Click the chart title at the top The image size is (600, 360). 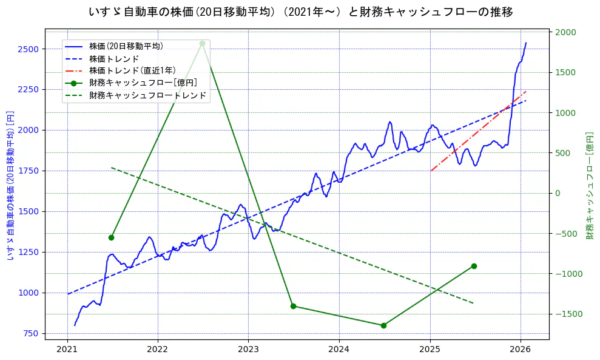pyautogui.click(x=300, y=12)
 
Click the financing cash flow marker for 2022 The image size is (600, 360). pyautogui.click(x=202, y=43)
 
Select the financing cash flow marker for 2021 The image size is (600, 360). pyautogui.click(x=111, y=237)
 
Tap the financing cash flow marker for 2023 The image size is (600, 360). pyautogui.click(x=293, y=306)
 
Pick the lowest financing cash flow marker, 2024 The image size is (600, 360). pyautogui.click(x=383, y=325)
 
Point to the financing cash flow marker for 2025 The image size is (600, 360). pyautogui.click(x=474, y=266)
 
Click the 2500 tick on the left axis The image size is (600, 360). pyautogui.click(x=30, y=49)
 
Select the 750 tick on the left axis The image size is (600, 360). pyautogui.click(x=33, y=333)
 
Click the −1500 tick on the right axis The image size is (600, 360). pyautogui.click(x=567, y=314)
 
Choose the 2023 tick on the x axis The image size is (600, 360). pyautogui.click(x=248, y=350)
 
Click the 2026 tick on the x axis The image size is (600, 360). pyautogui.click(x=521, y=350)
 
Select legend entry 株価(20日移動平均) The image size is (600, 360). pyautogui.click(x=126, y=46)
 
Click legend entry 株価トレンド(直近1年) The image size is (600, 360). pyautogui.click(x=132, y=70)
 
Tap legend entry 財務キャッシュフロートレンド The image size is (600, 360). pyautogui.click(x=147, y=95)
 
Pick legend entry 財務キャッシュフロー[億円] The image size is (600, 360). pyautogui.click(x=143, y=83)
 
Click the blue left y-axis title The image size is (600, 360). pyautogui.click(x=10, y=185)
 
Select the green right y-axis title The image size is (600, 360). pyautogui.click(x=590, y=185)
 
